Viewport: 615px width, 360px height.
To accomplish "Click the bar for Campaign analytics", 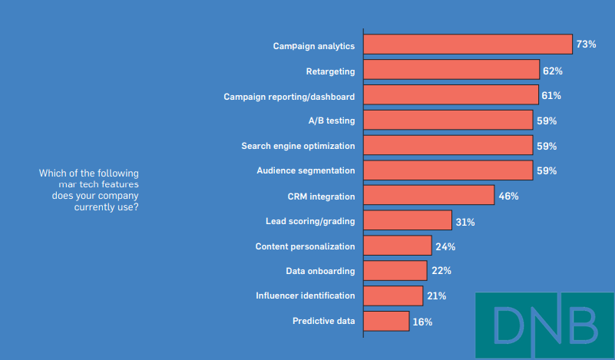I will coord(468,45).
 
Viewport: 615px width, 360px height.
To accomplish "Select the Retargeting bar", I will coord(451,70).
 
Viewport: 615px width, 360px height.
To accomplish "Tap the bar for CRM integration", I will coord(428,195).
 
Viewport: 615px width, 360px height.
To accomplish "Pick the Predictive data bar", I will coord(385,321).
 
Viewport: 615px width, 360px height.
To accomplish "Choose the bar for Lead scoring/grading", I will coord(407,220).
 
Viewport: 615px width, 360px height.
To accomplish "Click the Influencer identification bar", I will coord(392,296).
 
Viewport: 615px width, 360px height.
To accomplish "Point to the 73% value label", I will coord(587,45).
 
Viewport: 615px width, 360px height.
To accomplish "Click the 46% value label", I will coord(508,196).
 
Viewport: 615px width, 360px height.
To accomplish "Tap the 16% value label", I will coord(422,322).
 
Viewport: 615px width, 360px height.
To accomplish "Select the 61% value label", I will coord(551,95).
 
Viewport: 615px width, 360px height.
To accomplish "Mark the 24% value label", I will coord(445,246).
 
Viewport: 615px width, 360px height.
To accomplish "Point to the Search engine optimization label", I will coord(298,146).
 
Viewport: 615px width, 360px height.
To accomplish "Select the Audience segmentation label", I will coord(306,170).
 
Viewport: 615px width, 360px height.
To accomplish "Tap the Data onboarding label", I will coord(320,271).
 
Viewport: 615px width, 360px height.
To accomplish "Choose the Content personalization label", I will coord(305,246).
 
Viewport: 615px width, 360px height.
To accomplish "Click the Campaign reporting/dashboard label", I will coord(289,97).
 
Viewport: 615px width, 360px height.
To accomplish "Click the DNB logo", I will coord(544,325).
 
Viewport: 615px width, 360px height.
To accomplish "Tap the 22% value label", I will coord(441,271).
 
